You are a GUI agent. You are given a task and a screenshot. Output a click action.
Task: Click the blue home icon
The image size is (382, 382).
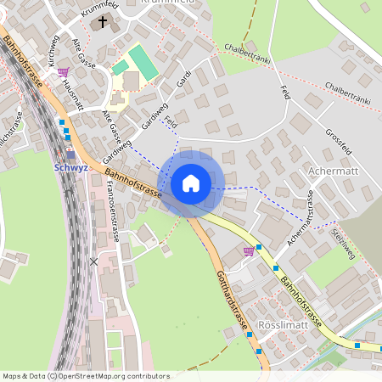pos(191,183)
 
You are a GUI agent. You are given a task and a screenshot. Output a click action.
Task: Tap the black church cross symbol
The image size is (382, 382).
pos(104,21)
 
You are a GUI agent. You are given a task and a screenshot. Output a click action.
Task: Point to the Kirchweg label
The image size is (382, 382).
pos(53,52)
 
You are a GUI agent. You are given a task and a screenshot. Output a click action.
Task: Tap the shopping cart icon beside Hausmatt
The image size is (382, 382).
pos(63,73)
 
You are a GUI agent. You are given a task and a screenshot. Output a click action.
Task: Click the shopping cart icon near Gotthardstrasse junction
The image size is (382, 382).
pos(249,250)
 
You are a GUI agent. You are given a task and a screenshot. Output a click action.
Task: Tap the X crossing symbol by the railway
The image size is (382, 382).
pos(93,261)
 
